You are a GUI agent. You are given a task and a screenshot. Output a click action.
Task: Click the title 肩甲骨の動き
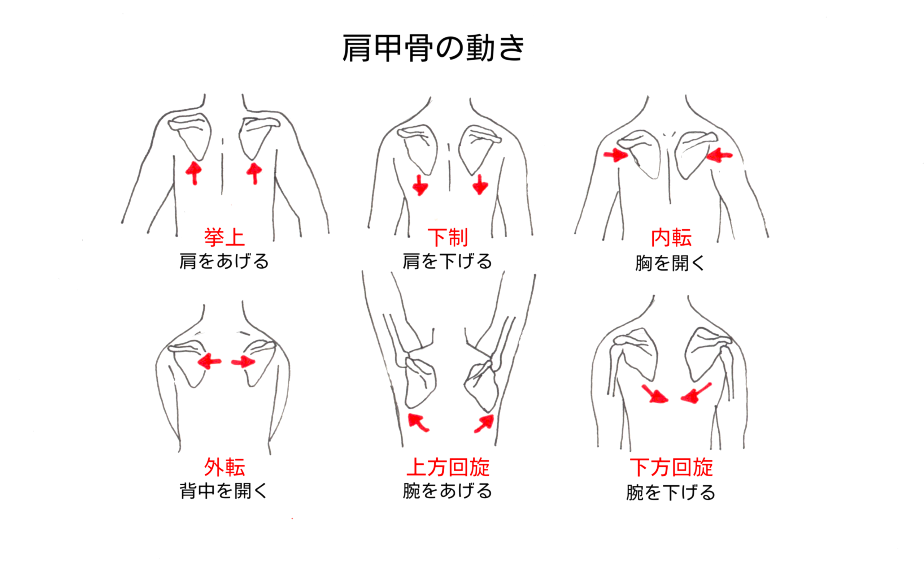click(x=433, y=48)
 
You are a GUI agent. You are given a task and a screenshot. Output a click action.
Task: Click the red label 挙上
click(x=224, y=237)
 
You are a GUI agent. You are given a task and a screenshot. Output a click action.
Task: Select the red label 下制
click(x=447, y=237)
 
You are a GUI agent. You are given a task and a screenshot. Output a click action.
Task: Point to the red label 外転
click(x=224, y=467)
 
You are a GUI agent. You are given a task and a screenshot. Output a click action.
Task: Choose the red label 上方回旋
click(x=448, y=467)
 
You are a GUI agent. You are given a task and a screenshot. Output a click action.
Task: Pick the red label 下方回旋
click(x=671, y=467)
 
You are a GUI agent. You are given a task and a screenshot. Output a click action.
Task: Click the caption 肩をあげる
click(x=224, y=261)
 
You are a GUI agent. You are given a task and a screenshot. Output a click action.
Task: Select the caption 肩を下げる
click(x=447, y=261)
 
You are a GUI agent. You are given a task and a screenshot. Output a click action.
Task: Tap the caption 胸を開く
click(x=670, y=263)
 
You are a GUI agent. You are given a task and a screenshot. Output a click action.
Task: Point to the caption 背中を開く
click(x=224, y=491)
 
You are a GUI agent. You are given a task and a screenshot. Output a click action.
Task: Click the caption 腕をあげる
click(x=447, y=491)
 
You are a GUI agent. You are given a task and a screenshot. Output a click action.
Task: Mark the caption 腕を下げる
click(x=670, y=492)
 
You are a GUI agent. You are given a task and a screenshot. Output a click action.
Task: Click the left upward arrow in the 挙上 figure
click(x=194, y=173)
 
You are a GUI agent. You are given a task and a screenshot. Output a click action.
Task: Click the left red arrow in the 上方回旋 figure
click(x=418, y=422)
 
